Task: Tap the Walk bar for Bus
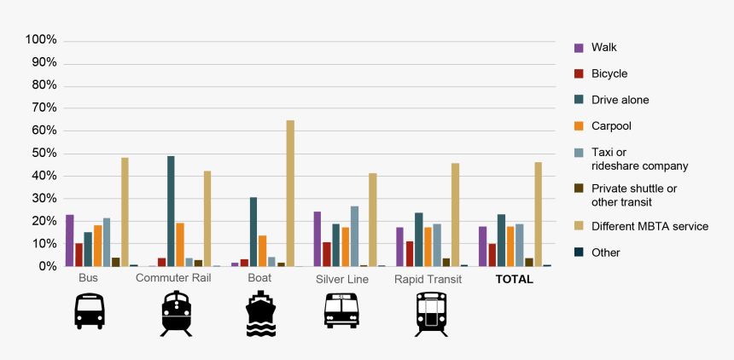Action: [70, 241]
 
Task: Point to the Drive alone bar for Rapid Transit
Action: [419, 240]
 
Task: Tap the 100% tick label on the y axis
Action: [41, 40]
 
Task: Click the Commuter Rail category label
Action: [173, 279]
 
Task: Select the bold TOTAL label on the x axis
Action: [515, 279]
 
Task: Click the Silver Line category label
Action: [341, 279]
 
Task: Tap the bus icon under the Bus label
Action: [89, 311]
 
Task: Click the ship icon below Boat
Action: [260, 312]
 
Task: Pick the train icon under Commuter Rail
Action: [176, 313]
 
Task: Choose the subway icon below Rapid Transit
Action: [430, 313]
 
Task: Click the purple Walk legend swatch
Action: [579, 48]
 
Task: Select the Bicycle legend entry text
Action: [609, 74]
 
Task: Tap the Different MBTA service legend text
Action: [650, 227]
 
